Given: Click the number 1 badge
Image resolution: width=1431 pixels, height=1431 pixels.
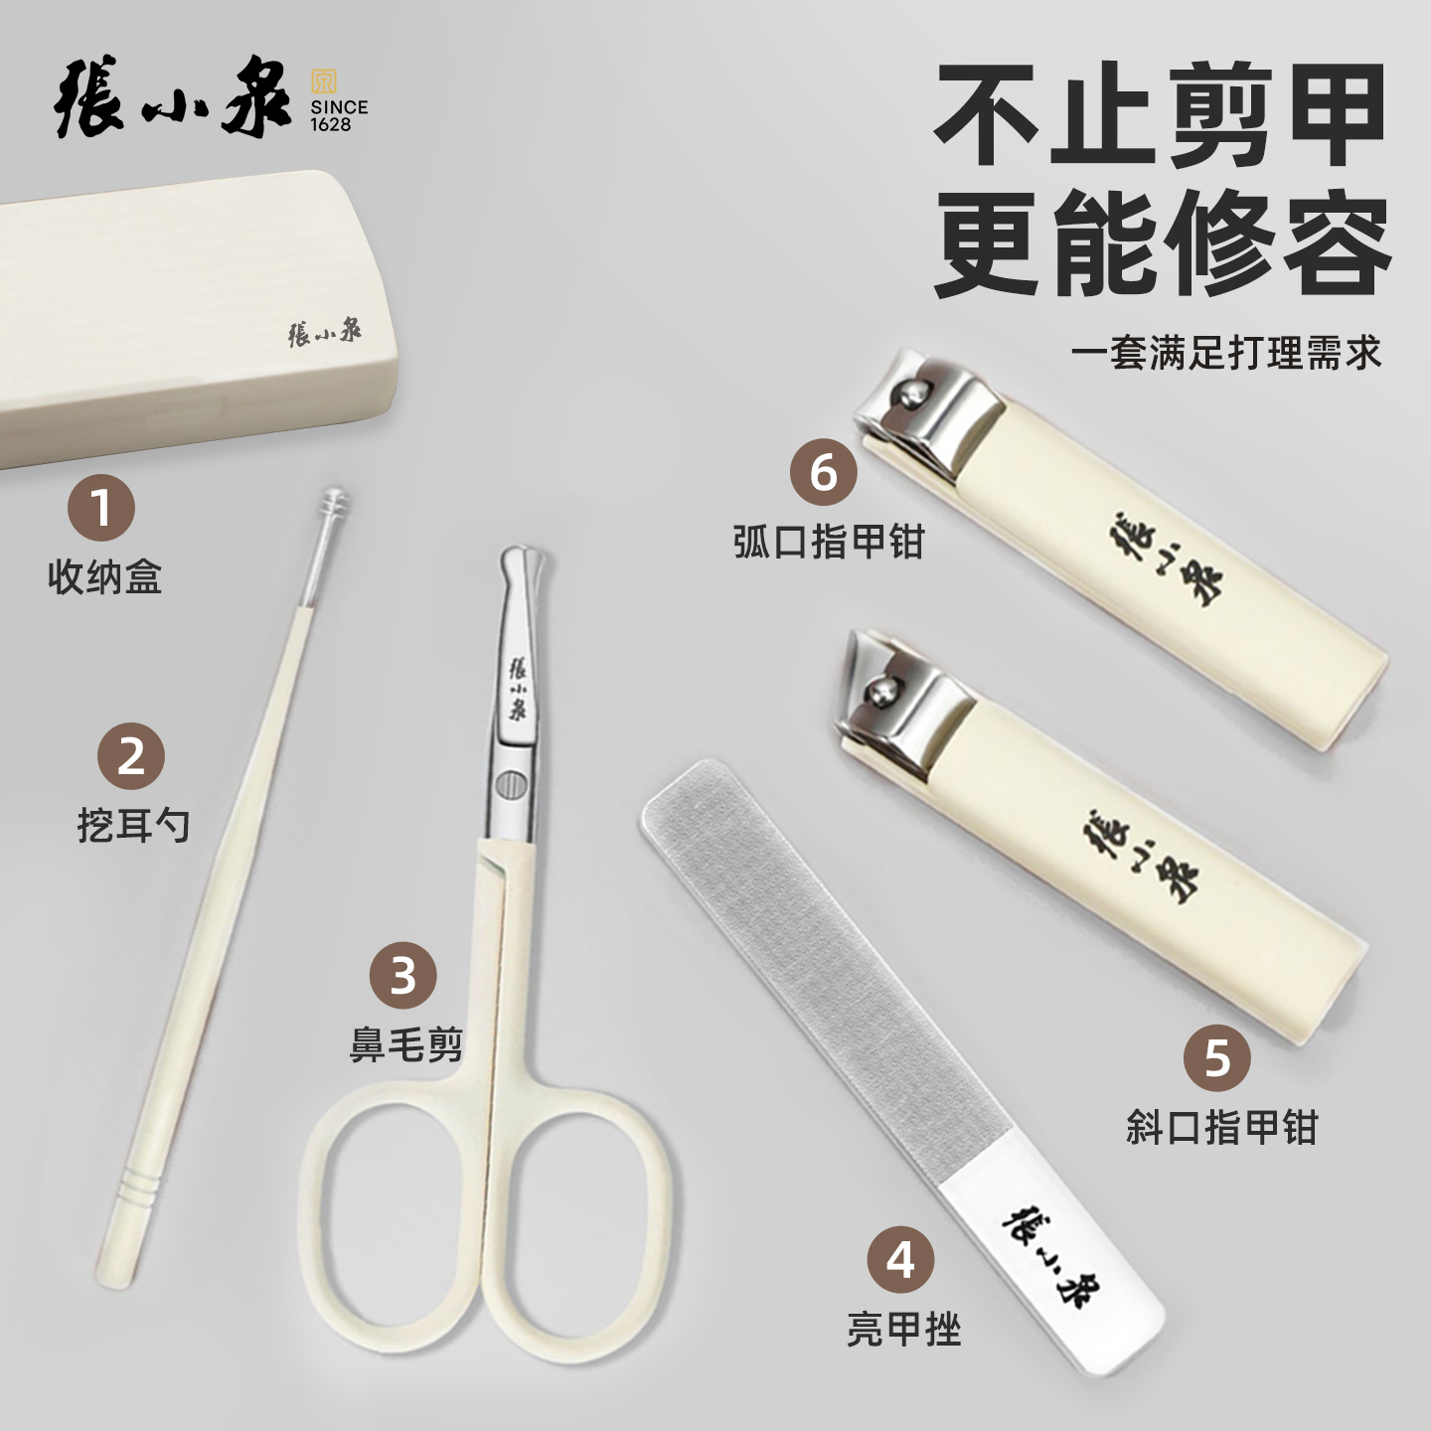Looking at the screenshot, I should tap(101, 508).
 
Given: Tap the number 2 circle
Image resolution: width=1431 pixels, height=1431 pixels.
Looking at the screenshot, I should tap(131, 756).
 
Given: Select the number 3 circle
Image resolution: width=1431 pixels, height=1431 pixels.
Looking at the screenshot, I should tap(402, 976).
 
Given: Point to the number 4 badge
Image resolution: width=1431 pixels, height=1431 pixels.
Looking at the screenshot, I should tap(900, 1260).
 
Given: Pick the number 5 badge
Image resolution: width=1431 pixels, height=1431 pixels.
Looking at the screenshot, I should tap(1217, 1058).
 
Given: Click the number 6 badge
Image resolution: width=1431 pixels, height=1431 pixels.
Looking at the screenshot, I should tap(824, 472).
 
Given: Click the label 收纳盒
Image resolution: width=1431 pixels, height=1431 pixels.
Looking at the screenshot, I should tap(104, 576).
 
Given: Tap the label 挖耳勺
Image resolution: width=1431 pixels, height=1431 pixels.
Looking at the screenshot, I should tap(133, 825).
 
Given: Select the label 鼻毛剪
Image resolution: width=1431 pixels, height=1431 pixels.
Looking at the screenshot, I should tap(406, 1044).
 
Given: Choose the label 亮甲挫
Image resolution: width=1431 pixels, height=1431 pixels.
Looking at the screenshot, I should tap(903, 1329).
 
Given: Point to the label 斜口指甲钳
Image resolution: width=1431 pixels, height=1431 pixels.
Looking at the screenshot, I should tap(1221, 1128).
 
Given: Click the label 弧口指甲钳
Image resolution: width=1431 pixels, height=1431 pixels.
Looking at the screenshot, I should tap(829, 542).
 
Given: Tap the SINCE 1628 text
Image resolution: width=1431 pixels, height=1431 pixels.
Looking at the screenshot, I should tap(339, 115).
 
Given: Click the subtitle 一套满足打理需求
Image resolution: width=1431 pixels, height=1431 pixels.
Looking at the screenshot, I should tap(1226, 353).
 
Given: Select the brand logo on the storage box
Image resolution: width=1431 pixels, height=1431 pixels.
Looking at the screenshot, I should tap(325, 332).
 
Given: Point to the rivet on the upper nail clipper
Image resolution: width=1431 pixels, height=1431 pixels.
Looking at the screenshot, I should tap(909, 395).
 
